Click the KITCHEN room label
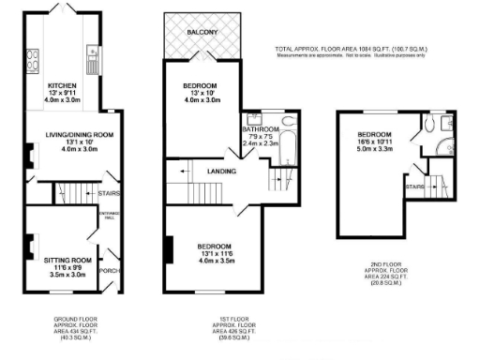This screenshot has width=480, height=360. point(64,85)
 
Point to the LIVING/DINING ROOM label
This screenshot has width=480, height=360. point(80,135)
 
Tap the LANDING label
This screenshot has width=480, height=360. point(221,172)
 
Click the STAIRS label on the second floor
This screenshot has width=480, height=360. point(412,187)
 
